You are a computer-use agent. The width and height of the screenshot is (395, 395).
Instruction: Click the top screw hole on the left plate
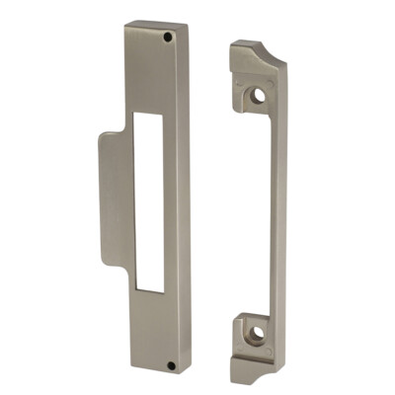pos(169,37)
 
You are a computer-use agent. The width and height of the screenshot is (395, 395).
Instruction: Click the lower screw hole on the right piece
pos(255,335)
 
